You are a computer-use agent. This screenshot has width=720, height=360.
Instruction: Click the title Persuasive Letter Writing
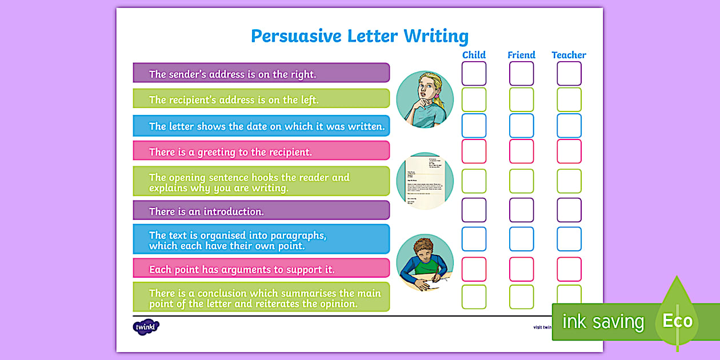point(359,36)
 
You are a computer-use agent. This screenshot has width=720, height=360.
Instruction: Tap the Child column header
point(474,55)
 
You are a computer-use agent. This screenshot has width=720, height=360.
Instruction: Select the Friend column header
point(521,55)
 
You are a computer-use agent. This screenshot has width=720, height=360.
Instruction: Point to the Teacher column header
point(569,55)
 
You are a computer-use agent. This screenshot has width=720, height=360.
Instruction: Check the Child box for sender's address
point(474,74)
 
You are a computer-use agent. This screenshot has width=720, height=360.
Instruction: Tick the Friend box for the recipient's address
point(521,99)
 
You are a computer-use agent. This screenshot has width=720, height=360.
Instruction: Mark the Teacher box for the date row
point(569,126)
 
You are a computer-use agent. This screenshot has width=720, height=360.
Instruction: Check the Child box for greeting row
point(474,151)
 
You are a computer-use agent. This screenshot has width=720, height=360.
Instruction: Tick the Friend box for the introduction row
point(521,210)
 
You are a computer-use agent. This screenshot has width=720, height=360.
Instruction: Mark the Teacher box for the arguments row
point(569,269)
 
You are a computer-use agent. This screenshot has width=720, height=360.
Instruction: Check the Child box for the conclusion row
point(474,297)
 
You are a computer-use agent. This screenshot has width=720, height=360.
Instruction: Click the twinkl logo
point(146,327)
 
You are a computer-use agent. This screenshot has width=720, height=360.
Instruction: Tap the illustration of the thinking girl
point(425,99)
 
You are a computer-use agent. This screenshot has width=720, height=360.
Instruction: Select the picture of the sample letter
point(425,181)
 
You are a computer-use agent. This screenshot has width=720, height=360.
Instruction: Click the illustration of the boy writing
point(425,262)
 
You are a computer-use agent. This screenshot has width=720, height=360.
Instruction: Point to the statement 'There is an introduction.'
point(206,211)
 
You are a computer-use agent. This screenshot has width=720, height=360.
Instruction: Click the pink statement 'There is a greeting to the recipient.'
point(230,152)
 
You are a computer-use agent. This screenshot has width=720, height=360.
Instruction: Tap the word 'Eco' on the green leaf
point(677,321)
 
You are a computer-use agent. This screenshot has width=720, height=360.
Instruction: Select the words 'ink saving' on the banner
point(603,322)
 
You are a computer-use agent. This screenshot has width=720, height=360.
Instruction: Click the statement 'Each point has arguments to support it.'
point(242,269)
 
